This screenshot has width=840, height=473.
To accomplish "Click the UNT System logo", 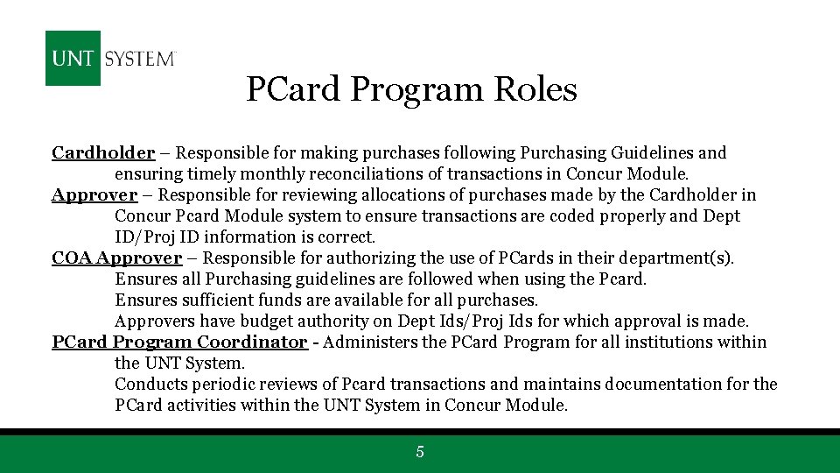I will (x=111, y=59).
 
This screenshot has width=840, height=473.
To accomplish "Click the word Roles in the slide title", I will (x=535, y=89).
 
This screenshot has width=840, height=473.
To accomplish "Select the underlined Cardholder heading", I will (x=103, y=153).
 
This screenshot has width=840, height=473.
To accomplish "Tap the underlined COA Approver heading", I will (x=116, y=258).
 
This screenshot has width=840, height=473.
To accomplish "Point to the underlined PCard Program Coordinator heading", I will (x=179, y=342).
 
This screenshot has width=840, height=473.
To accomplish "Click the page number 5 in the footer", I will (x=420, y=452).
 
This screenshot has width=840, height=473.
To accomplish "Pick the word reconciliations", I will (x=337, y=174).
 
